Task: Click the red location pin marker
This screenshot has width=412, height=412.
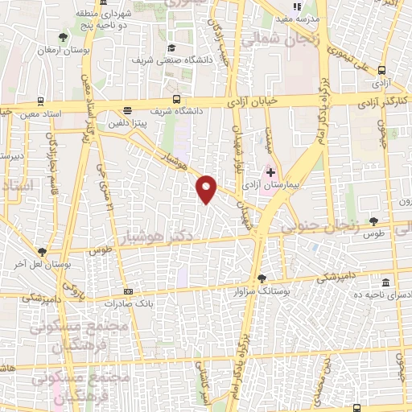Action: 207,189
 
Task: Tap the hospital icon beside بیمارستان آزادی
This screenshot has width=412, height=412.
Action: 271,171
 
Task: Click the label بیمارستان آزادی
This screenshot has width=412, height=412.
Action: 281,185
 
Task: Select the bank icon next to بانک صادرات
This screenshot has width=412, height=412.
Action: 128,291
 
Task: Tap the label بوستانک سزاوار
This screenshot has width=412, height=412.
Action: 262,290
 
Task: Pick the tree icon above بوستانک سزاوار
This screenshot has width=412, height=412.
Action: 260,278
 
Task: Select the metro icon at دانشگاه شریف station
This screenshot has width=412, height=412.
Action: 128,111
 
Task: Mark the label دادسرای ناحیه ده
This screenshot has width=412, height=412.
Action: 385,297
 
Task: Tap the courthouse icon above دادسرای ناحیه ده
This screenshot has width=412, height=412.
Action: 386,283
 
